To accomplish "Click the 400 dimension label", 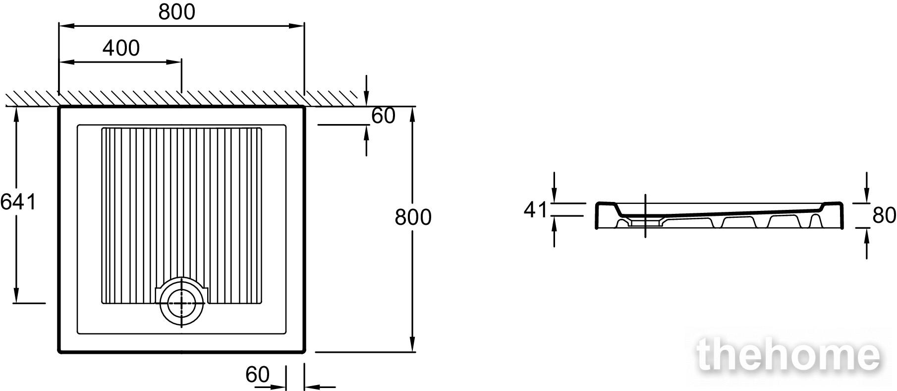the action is click(x=121, y=48).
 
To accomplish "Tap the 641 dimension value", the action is click(x=18, y=202).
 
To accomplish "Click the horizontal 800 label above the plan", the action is click(x=177, y=12).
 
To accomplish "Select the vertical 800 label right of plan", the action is click(x=413, y=217).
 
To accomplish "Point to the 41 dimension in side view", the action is click(x=535, y=210).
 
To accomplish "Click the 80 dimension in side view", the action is click(x=884, y=215).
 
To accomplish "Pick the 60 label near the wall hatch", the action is click(x=384, y=116).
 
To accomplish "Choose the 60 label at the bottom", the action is click(x=257, y=375).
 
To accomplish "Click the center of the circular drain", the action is click(x=182, y=303).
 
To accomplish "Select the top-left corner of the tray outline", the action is click(x=59, y=107).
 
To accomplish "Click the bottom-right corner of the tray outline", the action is click(x=304, y=352).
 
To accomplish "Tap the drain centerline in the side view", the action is click(x=645, y=216).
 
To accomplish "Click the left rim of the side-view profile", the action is click(x=597, y=216).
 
